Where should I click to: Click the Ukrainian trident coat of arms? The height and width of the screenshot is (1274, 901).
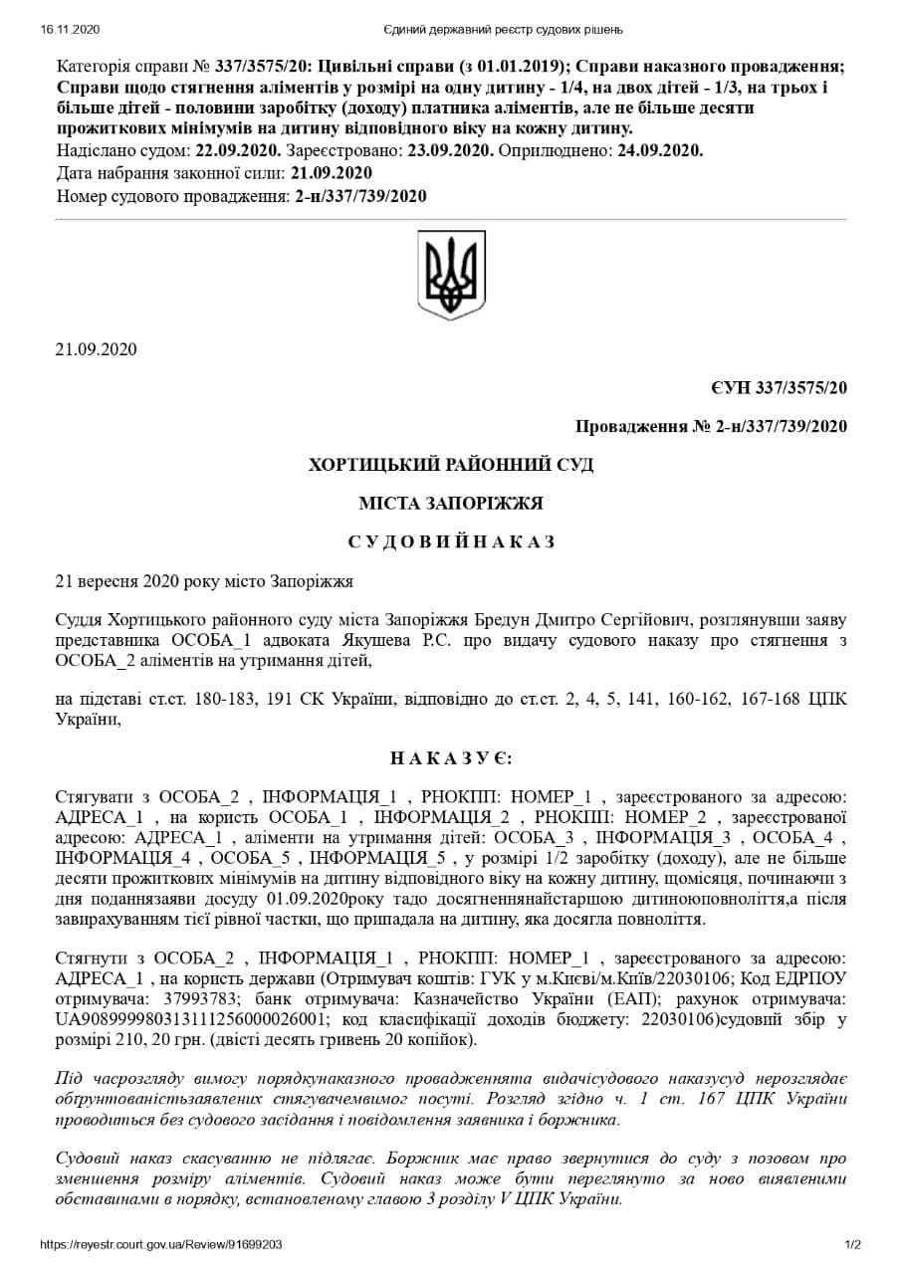(451, 275)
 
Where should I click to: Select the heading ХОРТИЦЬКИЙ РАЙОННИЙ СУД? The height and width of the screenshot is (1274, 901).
(451, 465)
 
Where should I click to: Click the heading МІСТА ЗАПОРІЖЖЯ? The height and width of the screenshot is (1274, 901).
(451, 504)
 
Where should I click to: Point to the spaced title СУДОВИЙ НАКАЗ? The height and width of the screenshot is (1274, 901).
(451, 542)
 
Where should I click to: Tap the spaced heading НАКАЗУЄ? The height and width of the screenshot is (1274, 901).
(451, 758)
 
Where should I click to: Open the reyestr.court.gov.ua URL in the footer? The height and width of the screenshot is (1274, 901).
(161, 1244)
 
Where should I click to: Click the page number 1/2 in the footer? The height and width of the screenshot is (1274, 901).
(852, 1244)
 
